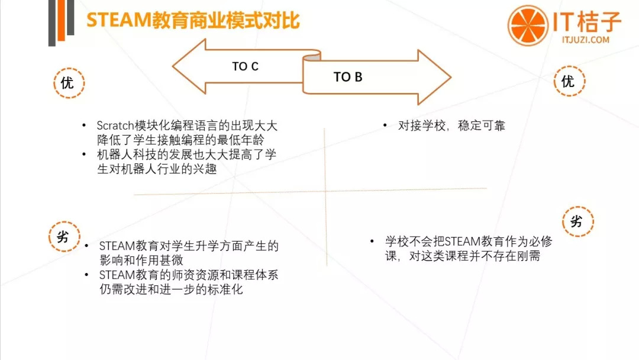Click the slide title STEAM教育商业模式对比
pyautogui.click(x=193, y=20)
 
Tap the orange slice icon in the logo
pyautogui.click(x=528, y=25)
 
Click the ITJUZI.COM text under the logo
pyautogui.click(x=585, y=40)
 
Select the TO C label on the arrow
pyautogui.click(x=245, y=66)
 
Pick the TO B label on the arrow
pyautogui.click(x=348, y=77)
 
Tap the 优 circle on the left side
pyautogui.click(x=68, y=83)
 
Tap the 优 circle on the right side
pyautogui.click(x=568, y=82)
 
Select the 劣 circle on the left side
pyautogui.click(x=63, y=237)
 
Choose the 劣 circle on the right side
pyautogui.click(x=576, y=222)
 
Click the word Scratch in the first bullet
pyautogui.click(x=117, y=126)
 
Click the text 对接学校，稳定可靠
pyautogui.click(x=451, y=126)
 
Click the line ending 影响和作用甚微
pyautogui.click(x=141, y=260)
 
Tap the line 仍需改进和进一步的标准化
pyautogui.click(x=171, y=290)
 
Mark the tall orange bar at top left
pyautogui.click(x=52, y=23)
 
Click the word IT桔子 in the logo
pyautogui.click(x=588, y=22)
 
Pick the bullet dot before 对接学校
pyautogui.click(x=385, y=126)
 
